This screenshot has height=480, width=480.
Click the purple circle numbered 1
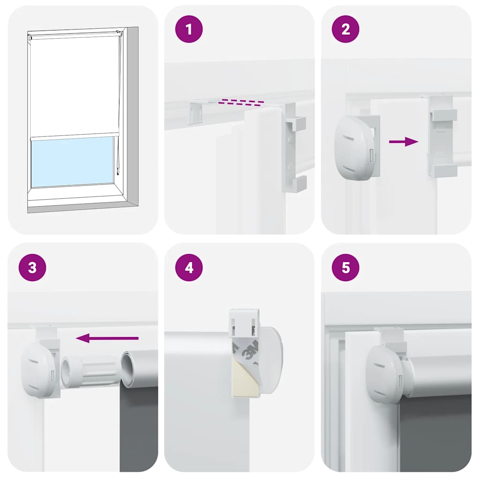[189, 29]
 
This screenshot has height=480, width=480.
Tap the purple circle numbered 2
[345, 29]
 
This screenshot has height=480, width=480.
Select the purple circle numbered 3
[32, 268]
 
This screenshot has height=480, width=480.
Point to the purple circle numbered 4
[189, 268]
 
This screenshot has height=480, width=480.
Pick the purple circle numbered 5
[345, 268]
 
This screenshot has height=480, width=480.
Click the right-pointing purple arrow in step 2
[404, 142]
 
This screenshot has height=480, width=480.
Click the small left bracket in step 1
[198, 112]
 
